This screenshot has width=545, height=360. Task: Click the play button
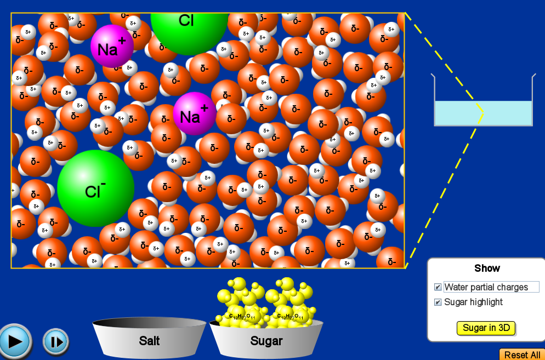click(x=14, y=341)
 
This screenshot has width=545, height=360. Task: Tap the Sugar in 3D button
click(x=486, y=328)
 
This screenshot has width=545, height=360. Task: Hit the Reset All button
click(x=521, y=355)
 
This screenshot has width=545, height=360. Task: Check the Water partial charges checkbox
click(x=438, y=287)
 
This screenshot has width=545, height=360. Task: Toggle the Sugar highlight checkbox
click(x=438, y=302)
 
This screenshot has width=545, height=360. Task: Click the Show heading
click(x=487, y=268)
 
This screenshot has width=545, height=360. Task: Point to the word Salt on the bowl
click(x=149, y=341)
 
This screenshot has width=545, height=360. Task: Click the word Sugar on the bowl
click(x=266, y=341)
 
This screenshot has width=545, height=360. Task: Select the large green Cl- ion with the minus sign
click(x=95, y=188)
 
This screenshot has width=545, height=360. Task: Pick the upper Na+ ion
click(x=111, y=47)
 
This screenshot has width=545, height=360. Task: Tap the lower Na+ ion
click(x=194, y=114)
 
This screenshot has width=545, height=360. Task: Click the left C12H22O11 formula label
click(x=241, y=316)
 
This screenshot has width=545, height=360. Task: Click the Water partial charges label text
click(x=486, y=287)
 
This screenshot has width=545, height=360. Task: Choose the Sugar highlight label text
click(x=473, y=302)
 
